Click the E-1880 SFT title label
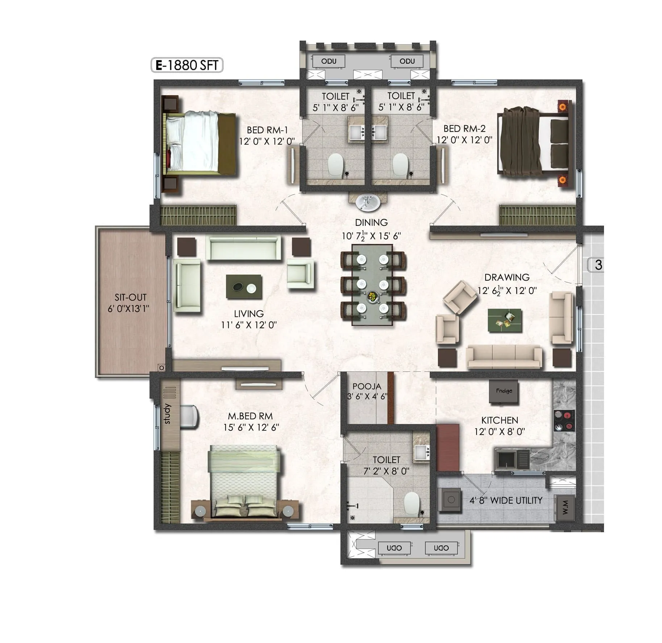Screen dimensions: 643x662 187,65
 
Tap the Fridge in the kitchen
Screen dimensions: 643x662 504,391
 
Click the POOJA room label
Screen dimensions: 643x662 367,386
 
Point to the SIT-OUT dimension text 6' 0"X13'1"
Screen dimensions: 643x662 128,309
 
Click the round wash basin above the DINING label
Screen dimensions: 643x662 368,202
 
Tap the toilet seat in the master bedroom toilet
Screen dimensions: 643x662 412,503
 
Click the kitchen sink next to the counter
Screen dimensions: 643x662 505,460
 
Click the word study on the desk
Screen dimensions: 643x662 167,413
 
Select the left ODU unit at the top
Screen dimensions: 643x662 329,61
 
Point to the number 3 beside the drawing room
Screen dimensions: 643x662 598,265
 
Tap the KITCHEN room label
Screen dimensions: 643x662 499,420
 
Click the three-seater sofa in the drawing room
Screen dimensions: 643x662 504,357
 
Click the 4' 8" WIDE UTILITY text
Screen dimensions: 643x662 506,500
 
